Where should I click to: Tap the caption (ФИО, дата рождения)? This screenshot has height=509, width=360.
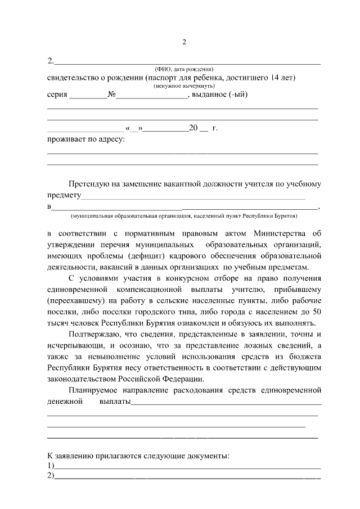coord(183,69)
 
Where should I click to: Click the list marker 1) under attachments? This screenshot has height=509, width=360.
coord(51,466)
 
